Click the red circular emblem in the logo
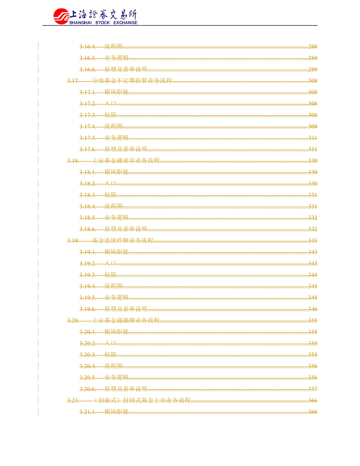60,16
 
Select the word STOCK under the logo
99,23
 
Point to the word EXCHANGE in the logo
124,23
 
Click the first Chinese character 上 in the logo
74,15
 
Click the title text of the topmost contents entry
113,46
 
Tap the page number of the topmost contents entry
314,46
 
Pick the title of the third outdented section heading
123,240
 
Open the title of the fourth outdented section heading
126,320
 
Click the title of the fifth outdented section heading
144,400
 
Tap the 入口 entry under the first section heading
110,103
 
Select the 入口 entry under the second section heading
110,183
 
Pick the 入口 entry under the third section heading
110,263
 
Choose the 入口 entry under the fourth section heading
110,343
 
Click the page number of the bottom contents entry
314,412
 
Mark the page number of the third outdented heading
314,240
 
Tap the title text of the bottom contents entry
116,412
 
